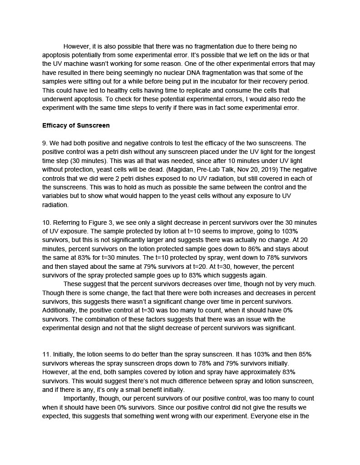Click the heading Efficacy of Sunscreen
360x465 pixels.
pyautogui.click(x=76, y=125)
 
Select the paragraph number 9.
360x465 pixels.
pyautogui.click(x=44, y=143)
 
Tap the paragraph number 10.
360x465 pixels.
pyautogui.click(x=46, y=223)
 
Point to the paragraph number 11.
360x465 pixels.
pyautogui.click(x=46, y=354)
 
